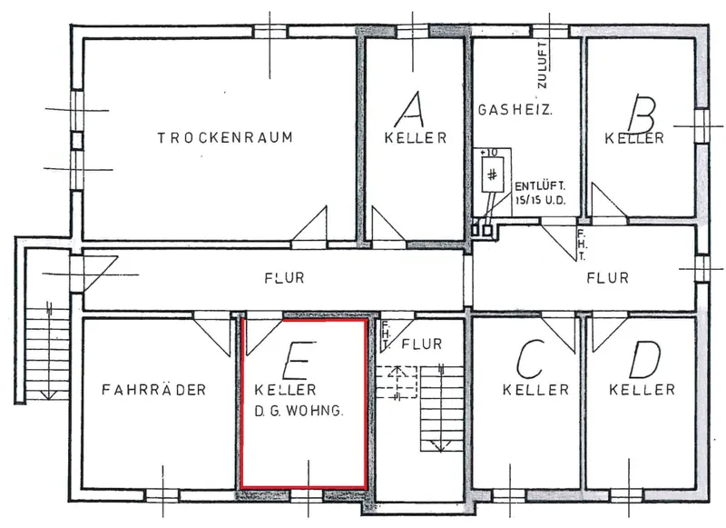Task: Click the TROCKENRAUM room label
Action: (x=225, y=137)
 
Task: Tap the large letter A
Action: (x=410, y=109)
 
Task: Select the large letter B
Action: (x=642, y=114)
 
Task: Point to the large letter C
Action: (x=531, y=359)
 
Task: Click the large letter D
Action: (x=644, y=359)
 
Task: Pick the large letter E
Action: (x=299, y=360)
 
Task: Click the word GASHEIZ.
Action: (x=515, y=110)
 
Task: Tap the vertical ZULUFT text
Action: (x=542, y=65)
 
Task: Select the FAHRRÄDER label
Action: (x=153, y=389)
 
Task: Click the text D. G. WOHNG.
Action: (x=299, y=411)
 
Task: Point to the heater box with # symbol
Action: (x=492, y=174)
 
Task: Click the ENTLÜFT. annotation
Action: (x=540, y=186)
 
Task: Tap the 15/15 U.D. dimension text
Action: (x=540, y=200)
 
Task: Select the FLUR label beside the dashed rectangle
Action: (x=421, y=344)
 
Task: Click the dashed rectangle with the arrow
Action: (x=397, y=383)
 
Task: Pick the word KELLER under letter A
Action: (x=416, y=137)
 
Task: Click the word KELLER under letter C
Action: (x=535, y=389)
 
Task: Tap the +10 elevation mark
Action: (x=488, y=152)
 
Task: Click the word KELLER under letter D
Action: (x=642, y=389)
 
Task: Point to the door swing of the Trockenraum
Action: (x=309, y=224)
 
